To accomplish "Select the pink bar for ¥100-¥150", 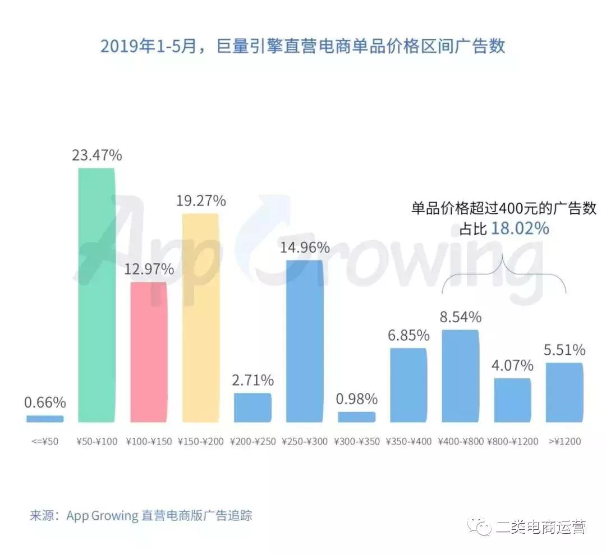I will (x=149, y=352).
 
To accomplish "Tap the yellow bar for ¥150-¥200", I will (x=200, y=318).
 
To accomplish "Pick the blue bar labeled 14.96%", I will (x=304, y=341).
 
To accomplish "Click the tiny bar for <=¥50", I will (x=45, y=418).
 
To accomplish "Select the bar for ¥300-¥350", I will (x=356, y=416).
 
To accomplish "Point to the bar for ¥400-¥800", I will (x=461, y=376).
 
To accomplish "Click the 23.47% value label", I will (x=97, y=155).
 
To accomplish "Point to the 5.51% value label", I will (x=564, y=350).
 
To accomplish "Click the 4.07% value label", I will (x=512, y=366).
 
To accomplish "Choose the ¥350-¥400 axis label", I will (x=408, y=441).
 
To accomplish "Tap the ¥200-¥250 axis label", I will (x=252, y=441).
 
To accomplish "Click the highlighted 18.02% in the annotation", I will (x=520, y=228).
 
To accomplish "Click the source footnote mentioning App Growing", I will (x=141, y=515).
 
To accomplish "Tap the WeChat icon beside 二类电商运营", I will (x=481, y=526).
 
